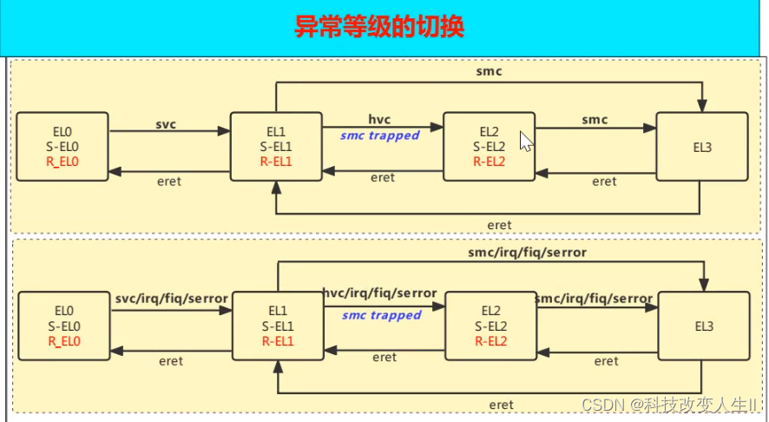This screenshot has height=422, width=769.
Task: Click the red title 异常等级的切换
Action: point(379,27)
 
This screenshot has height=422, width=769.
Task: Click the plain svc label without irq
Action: point(166,123)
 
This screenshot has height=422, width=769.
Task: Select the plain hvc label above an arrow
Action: point(379,120)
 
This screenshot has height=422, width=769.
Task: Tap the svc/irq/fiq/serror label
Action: point(171,298)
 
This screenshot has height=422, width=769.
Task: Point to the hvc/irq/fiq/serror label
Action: point(380,293)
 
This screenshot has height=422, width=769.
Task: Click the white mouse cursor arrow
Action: point(525,142)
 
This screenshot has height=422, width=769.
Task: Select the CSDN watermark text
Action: point(669,406)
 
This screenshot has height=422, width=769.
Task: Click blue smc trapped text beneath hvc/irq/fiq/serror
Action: point(381,315)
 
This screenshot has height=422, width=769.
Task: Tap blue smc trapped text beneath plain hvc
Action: point(380,135)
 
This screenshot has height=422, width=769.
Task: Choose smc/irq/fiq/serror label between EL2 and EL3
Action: point(595,298)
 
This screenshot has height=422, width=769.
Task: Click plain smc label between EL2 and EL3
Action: point(595,120)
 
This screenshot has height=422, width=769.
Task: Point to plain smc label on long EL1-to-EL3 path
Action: point(490,72)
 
